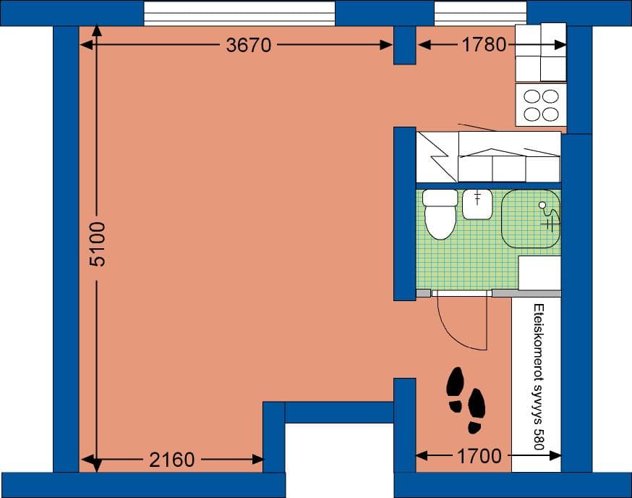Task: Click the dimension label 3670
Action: tap(248, 45)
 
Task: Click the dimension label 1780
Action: tap(484, 45)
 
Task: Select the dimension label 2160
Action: tap(173, 459)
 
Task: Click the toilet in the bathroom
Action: tap(440, 214)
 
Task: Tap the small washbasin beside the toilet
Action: tap(477, 203)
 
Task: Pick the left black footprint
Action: tap(455, 389)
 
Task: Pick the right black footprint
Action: tap(476, 410)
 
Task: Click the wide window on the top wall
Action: tap(239, 13)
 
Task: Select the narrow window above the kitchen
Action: tap(480, 13)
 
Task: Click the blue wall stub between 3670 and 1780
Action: tap(404, 45)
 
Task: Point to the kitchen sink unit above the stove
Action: tap(540, 52)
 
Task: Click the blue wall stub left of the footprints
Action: tap(404, 423)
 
